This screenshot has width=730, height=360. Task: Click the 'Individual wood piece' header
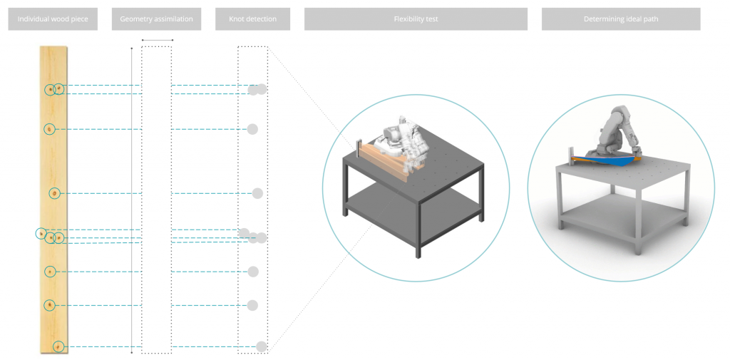coord(53,19)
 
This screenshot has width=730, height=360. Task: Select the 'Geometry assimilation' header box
coord(156,19)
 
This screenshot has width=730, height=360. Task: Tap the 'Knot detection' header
coord(253,19)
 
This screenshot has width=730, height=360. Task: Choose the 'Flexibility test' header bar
coord(416,19)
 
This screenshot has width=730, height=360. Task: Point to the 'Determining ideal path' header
coord(621,19)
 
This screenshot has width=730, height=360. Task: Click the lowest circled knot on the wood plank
coord(58,346)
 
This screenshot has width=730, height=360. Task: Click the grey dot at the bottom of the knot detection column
coord(262,346)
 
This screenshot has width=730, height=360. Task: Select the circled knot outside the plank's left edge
coord(41,233)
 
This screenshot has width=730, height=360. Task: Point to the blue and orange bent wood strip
coord(605,160)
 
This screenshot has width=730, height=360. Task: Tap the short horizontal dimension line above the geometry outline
coord(158,40)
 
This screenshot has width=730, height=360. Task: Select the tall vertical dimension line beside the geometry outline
coord(132,197)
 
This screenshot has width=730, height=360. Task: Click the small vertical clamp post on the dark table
coord(359,148)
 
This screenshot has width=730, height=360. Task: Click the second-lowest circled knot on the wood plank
coord(50,306)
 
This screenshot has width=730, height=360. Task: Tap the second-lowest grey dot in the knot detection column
coord(252,306)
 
